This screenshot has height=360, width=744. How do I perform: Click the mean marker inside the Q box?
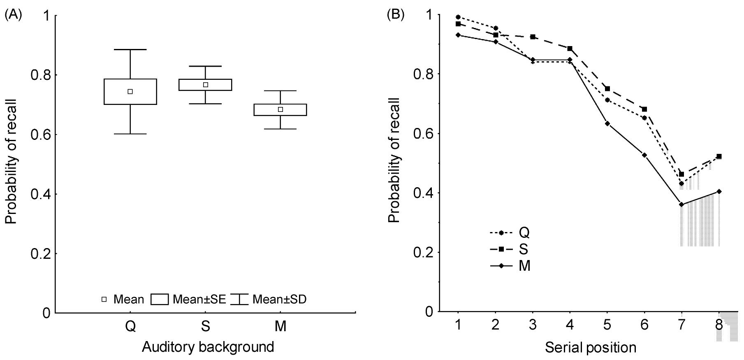[x=130, y=91]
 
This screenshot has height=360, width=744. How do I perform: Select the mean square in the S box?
[x=206, y=85]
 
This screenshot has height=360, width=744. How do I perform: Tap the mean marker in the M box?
[x=280, y=109]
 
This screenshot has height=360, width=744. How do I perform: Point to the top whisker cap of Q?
[x=130, y=49]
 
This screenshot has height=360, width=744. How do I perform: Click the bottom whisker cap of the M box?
[x=280, y=129]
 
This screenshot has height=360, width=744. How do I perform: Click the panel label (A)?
[x=13, y=15]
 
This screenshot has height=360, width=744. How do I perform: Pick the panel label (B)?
[x=396, y=15]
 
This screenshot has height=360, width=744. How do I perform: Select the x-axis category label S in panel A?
[x=206, y=327]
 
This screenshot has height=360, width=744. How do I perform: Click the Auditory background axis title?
[x=208, y=347]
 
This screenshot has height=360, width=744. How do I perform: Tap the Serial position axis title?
[x=591, y=348]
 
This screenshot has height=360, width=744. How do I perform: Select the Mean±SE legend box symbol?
[x=160, y=299]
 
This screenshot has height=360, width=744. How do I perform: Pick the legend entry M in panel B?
[x=524, y=266]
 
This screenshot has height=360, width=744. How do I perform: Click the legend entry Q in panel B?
[x=524, y=233]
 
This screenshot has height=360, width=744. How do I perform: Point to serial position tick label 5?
[x=607, y=325]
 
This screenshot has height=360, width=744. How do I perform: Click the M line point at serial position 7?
[x=681, y=204]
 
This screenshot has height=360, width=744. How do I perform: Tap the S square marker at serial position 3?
[x=533, y=37]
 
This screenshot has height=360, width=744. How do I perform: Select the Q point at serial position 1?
[x=458, y=17]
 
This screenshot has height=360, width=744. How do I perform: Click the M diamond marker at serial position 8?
[x=719, y=191]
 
